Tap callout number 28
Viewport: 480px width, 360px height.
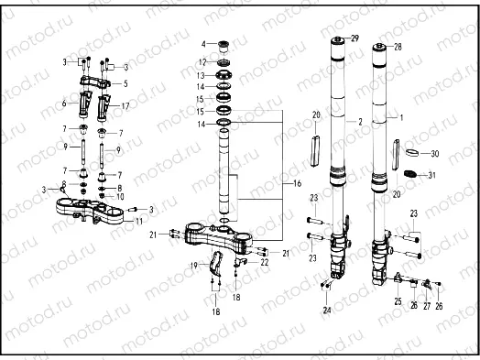coord(398,45)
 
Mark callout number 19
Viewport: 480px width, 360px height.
coord(192,265)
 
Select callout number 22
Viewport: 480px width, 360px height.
coord(265,262)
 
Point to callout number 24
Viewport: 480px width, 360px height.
coord(326,310)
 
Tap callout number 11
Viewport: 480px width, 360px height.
coord(137,222)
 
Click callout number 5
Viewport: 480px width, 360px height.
coord(125,83)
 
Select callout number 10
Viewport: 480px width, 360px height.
coord(120,196)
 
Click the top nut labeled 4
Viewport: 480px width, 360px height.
coord(220,44)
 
